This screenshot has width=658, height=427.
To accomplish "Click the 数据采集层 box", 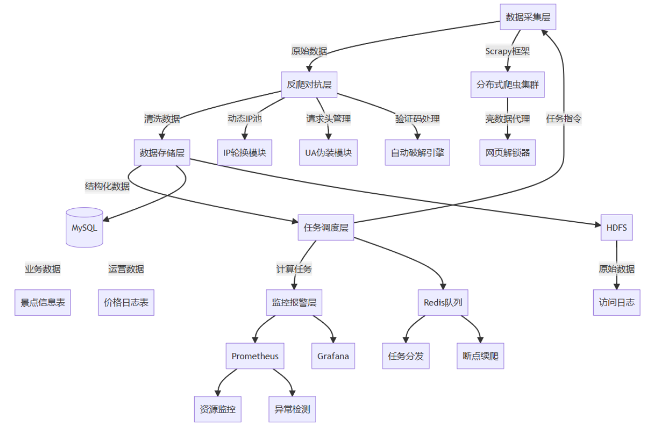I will click(527, 17).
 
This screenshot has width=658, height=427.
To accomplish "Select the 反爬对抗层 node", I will click(309, 84).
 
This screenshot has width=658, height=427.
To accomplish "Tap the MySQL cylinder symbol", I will click(84, 227).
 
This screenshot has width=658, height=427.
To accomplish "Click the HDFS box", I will click(617, 227).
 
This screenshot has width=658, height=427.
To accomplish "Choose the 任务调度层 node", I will click(325, 227).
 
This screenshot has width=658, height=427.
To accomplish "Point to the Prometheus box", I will click(255, 356).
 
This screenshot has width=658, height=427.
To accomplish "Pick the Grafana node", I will click(333, 356).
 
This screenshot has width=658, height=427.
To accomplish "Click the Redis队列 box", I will click(442, 303).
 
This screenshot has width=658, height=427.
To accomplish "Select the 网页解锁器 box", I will click(507, 152).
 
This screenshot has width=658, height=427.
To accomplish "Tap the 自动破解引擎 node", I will click(417, 152).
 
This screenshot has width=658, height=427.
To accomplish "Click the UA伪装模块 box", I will click(328, 152).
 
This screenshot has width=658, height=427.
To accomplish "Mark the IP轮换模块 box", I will click(245, 152).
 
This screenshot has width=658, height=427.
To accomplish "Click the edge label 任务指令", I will click(564, 119).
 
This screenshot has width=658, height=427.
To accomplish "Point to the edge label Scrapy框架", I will click(507, 51).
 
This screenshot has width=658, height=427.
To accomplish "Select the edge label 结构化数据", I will click(107, 186).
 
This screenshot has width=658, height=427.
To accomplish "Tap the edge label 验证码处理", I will click(417, 119).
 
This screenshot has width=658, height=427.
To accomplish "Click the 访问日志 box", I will click(617, 303).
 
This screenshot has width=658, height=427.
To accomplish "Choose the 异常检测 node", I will click(292, 409).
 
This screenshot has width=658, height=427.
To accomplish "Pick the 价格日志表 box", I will click(126, 303).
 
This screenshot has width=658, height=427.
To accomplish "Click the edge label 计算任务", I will click(294, 269).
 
